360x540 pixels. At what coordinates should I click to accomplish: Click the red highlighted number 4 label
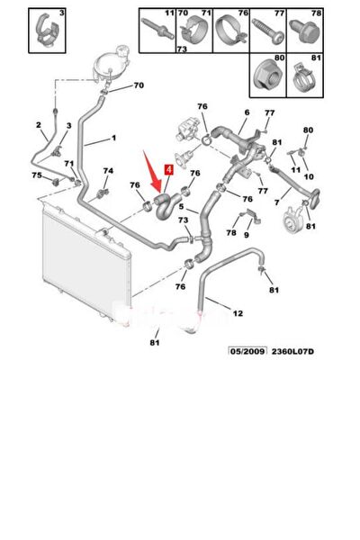169,170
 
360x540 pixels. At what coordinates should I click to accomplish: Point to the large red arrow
152,171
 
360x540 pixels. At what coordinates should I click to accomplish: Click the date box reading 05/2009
247,352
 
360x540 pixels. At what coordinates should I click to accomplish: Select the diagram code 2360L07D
292,352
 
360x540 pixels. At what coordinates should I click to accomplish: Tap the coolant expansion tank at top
112,63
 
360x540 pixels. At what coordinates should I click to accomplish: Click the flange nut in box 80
266,77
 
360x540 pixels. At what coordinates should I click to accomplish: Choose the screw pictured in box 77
268,31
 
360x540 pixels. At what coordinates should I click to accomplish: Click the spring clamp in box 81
302,80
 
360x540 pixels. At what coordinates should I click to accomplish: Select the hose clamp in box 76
231,31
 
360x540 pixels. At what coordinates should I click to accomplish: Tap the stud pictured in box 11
157,27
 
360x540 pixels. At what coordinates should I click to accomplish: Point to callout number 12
238,313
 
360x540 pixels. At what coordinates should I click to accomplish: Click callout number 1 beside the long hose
113,138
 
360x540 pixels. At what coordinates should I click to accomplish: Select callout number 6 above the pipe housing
247,112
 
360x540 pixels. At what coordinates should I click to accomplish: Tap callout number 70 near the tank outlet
139,85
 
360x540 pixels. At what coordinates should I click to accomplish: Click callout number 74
108,171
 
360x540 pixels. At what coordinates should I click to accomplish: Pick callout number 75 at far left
37,175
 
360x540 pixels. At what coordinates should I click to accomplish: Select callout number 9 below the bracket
247,235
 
